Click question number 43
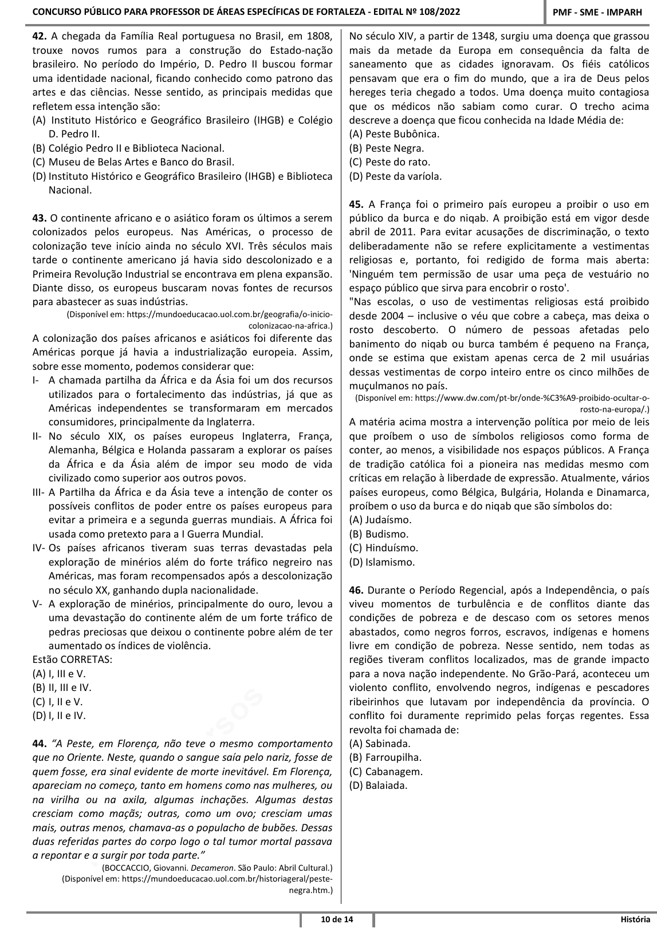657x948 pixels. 40,218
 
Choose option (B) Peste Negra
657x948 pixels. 387,148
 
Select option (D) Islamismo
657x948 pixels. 382,562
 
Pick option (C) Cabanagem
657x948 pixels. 386,771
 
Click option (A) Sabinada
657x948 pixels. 380,744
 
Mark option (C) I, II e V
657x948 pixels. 58,701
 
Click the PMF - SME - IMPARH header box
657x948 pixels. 601,13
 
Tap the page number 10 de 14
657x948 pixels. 337,920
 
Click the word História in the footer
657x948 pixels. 635,920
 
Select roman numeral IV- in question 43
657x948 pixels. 40,548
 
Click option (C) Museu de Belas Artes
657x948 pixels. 133,162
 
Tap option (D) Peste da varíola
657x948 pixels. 395,176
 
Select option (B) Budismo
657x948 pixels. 379,534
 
